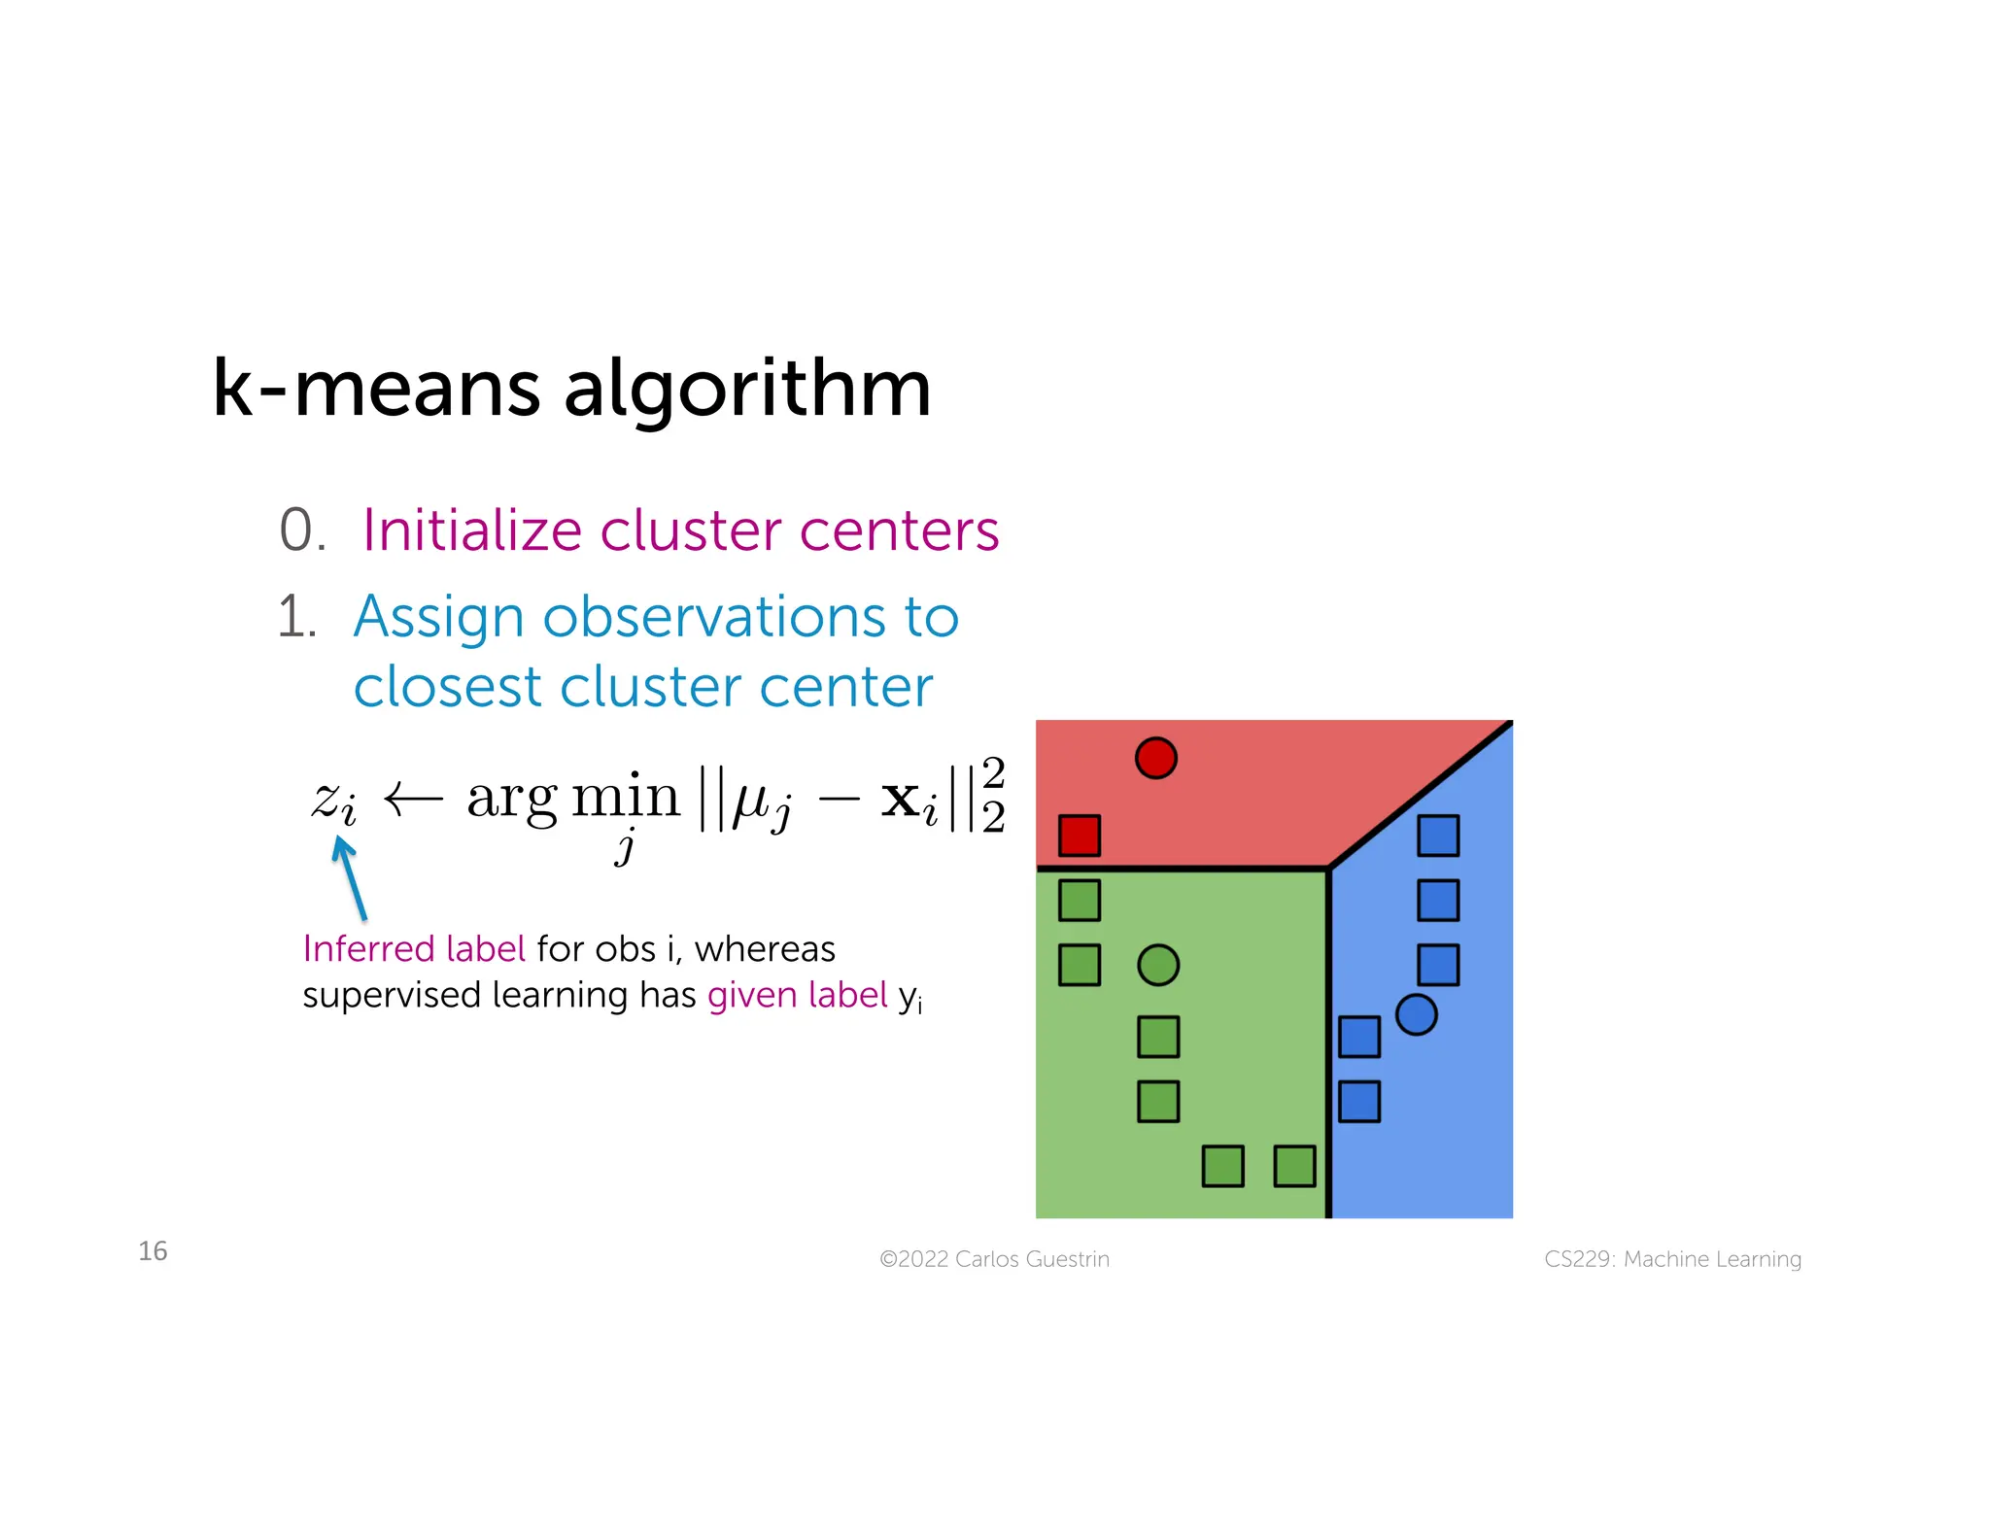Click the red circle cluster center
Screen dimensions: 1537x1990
pos(1155,758)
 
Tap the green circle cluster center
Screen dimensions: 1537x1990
pos(1158,966)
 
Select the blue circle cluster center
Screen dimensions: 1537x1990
pos(1416,1015)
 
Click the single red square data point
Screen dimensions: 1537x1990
pos(1080,836)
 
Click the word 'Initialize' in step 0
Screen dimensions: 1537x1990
pos(472,530)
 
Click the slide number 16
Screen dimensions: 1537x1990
pos(153,1251)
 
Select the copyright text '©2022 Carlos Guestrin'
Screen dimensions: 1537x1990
pos(994,1259)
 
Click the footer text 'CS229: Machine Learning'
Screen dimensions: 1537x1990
pos(1672,1259)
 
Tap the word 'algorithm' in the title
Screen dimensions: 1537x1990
pos(747,389)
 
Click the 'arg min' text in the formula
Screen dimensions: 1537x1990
pos(573,799)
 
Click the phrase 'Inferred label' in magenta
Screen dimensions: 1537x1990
pos(414,949)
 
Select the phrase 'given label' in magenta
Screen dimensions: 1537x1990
pos(797,996)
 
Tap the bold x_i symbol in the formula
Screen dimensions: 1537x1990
pos(909,803)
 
